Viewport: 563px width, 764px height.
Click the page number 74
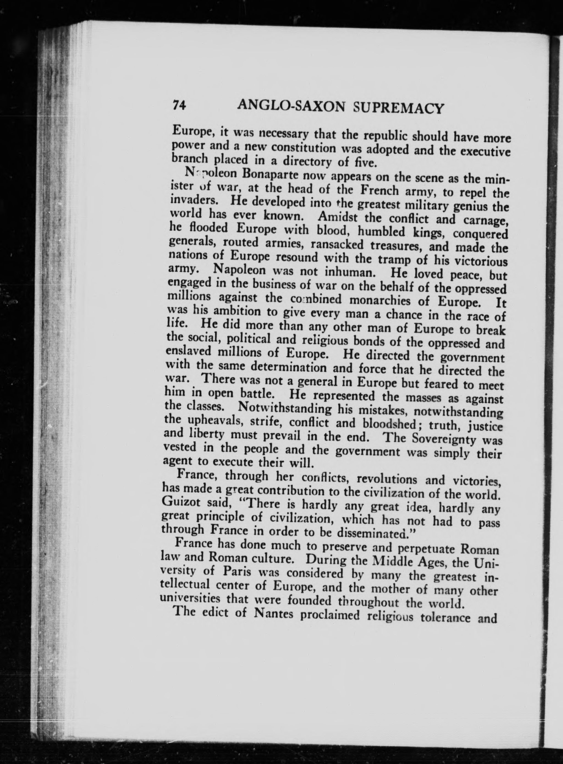(179, 105)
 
